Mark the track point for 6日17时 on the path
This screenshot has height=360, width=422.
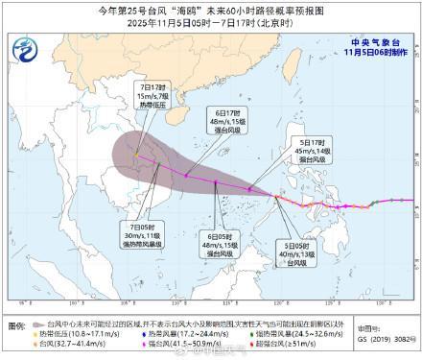(186, 175)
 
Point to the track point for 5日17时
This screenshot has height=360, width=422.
(249, 189)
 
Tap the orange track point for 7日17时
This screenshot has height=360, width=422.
(136, 154)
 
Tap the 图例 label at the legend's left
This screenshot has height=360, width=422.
(18, 325)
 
